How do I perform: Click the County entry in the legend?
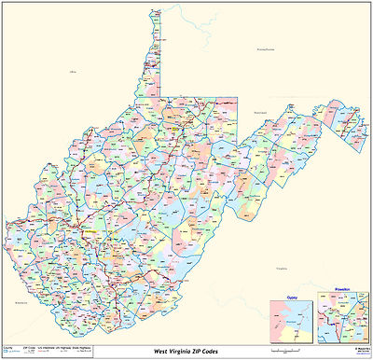click(8, 345)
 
